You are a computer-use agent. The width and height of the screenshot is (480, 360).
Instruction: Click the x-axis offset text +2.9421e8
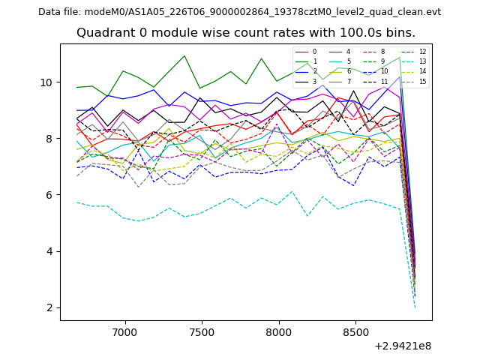402,346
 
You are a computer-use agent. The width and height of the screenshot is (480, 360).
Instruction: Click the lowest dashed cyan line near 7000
124,218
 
